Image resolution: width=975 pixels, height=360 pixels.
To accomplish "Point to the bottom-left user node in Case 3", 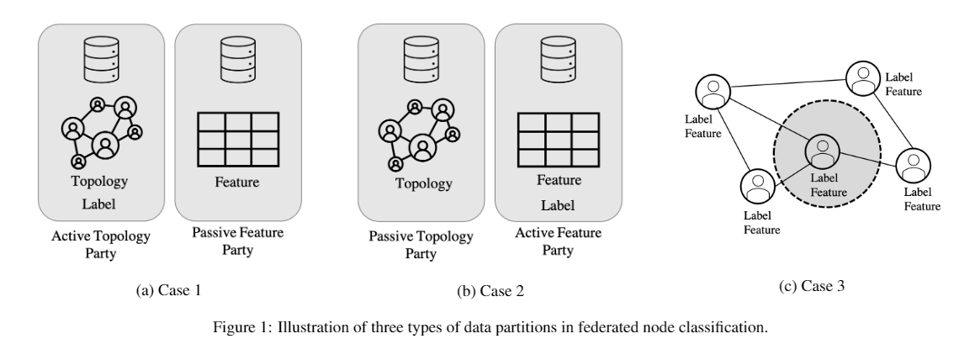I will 757,185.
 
